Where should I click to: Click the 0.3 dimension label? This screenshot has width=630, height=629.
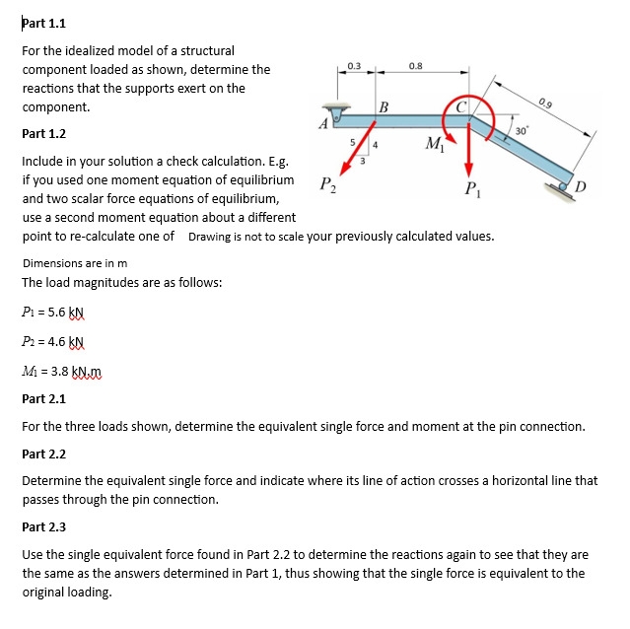tap(355, 65)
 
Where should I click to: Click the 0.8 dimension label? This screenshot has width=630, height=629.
tap(415, 65)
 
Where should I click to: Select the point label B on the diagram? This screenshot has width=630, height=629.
tap(384, 105)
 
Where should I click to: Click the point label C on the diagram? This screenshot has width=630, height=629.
tap(460, 105)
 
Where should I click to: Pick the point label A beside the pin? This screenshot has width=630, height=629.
tap(322, 124)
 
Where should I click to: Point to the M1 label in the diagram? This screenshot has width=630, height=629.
tap(432, 148)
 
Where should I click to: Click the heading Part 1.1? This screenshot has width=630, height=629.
tap(43, 24)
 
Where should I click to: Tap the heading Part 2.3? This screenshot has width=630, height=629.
tap(43, 527)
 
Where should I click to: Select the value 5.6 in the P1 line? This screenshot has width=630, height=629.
tap(56, 312)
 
